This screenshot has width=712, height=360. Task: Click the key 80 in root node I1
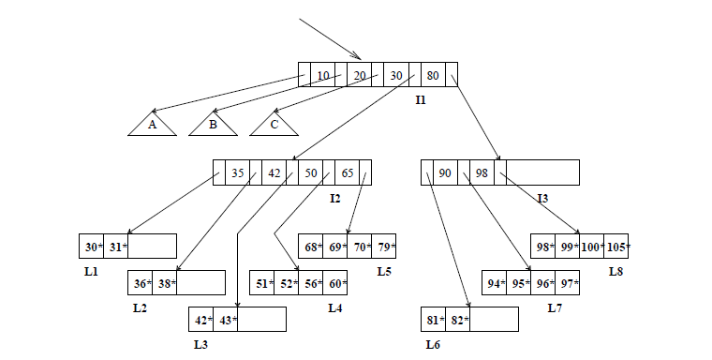(432, 75)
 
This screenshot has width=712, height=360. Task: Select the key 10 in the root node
(322, 75)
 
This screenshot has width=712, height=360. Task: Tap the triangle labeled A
(152, 125)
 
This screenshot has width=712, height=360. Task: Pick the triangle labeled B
(213, 125)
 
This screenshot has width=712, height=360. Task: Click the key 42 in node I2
(274, 172)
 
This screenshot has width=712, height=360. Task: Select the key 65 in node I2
(347, 172)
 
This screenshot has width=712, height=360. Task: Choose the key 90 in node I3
(445, 172)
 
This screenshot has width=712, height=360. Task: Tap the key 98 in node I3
(482, 172)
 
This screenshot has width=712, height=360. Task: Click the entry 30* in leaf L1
(92, 246)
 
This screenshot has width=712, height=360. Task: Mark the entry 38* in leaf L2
(165, 282)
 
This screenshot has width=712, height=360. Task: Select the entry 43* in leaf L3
(226, 319)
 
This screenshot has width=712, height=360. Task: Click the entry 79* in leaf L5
(384, 246)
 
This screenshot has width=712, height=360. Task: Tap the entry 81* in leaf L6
(434, 319)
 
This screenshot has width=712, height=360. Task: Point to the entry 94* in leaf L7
(495, 282)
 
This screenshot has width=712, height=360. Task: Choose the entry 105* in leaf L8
(616, 246)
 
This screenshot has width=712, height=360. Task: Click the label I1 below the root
(421, 99)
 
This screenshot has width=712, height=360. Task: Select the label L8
(616, 271)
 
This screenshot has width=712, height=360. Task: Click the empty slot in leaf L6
(494, 319)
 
